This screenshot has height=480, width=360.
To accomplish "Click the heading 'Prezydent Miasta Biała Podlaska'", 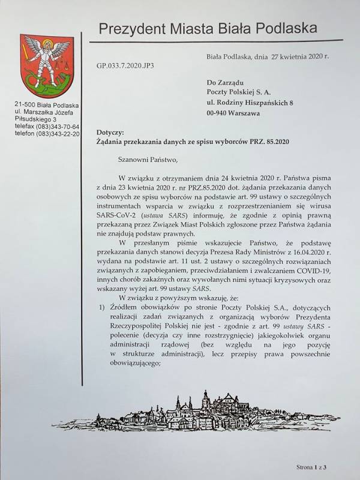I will click(216, 29).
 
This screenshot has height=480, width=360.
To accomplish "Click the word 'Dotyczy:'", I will click(109, 131).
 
